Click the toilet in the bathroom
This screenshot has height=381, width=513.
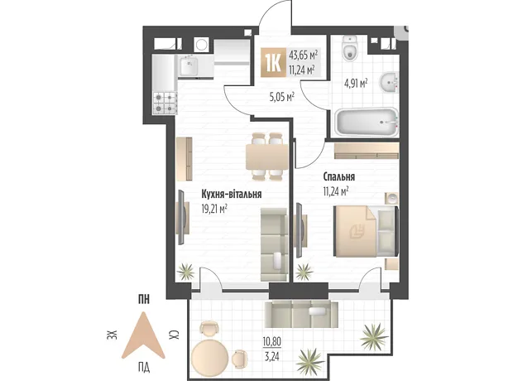(350, 48)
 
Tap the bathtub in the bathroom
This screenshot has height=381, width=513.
(366, 123)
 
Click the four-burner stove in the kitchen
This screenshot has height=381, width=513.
(165, 103)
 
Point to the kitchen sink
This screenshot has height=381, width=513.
(188, 65)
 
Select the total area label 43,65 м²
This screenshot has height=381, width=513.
(304, 55)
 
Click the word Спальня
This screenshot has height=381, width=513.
(339, 177)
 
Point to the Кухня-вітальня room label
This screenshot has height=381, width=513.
(232, 195)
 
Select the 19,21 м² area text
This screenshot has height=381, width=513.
(214, 209)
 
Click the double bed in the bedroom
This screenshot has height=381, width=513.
(366, 231)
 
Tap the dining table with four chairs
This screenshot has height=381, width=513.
(267, 157)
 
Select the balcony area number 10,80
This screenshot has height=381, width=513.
(272, 342)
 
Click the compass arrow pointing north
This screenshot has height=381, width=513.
(143, 335)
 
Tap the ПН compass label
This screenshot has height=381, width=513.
(143, 300)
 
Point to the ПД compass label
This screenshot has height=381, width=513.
(144, 368)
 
